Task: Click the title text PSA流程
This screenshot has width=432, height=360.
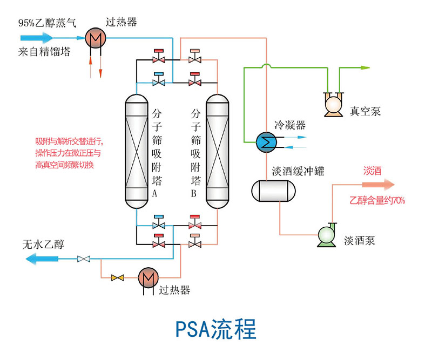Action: point(216,329)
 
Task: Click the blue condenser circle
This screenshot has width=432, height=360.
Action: point(266,141)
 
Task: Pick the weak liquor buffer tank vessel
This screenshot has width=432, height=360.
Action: point(274,190)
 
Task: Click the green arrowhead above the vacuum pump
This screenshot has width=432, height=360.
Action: point(365,68)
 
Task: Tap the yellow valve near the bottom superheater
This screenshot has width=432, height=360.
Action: point(117,277)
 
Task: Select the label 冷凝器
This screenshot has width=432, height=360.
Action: point(290,125)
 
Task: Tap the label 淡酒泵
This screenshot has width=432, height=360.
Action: point(360,241)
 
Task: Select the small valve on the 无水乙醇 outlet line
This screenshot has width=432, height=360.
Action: point(83,260)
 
